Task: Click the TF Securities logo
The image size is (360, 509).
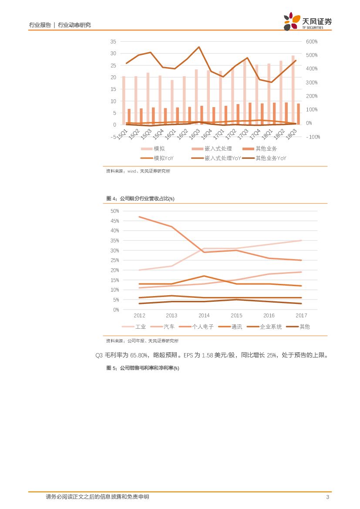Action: pos(307,21)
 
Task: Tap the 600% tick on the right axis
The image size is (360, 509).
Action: pos(312,42)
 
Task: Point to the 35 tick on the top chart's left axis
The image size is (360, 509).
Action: pos(113,41)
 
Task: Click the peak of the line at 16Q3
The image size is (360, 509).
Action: pos(199,47)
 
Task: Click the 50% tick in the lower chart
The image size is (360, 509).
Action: pos(115,211)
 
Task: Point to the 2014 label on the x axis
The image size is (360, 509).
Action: pos(204,316)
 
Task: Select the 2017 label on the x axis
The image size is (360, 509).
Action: pos(301,316)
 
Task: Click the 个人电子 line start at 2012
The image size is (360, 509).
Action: pos(139,217)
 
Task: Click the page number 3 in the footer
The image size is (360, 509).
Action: pos(327,497)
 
